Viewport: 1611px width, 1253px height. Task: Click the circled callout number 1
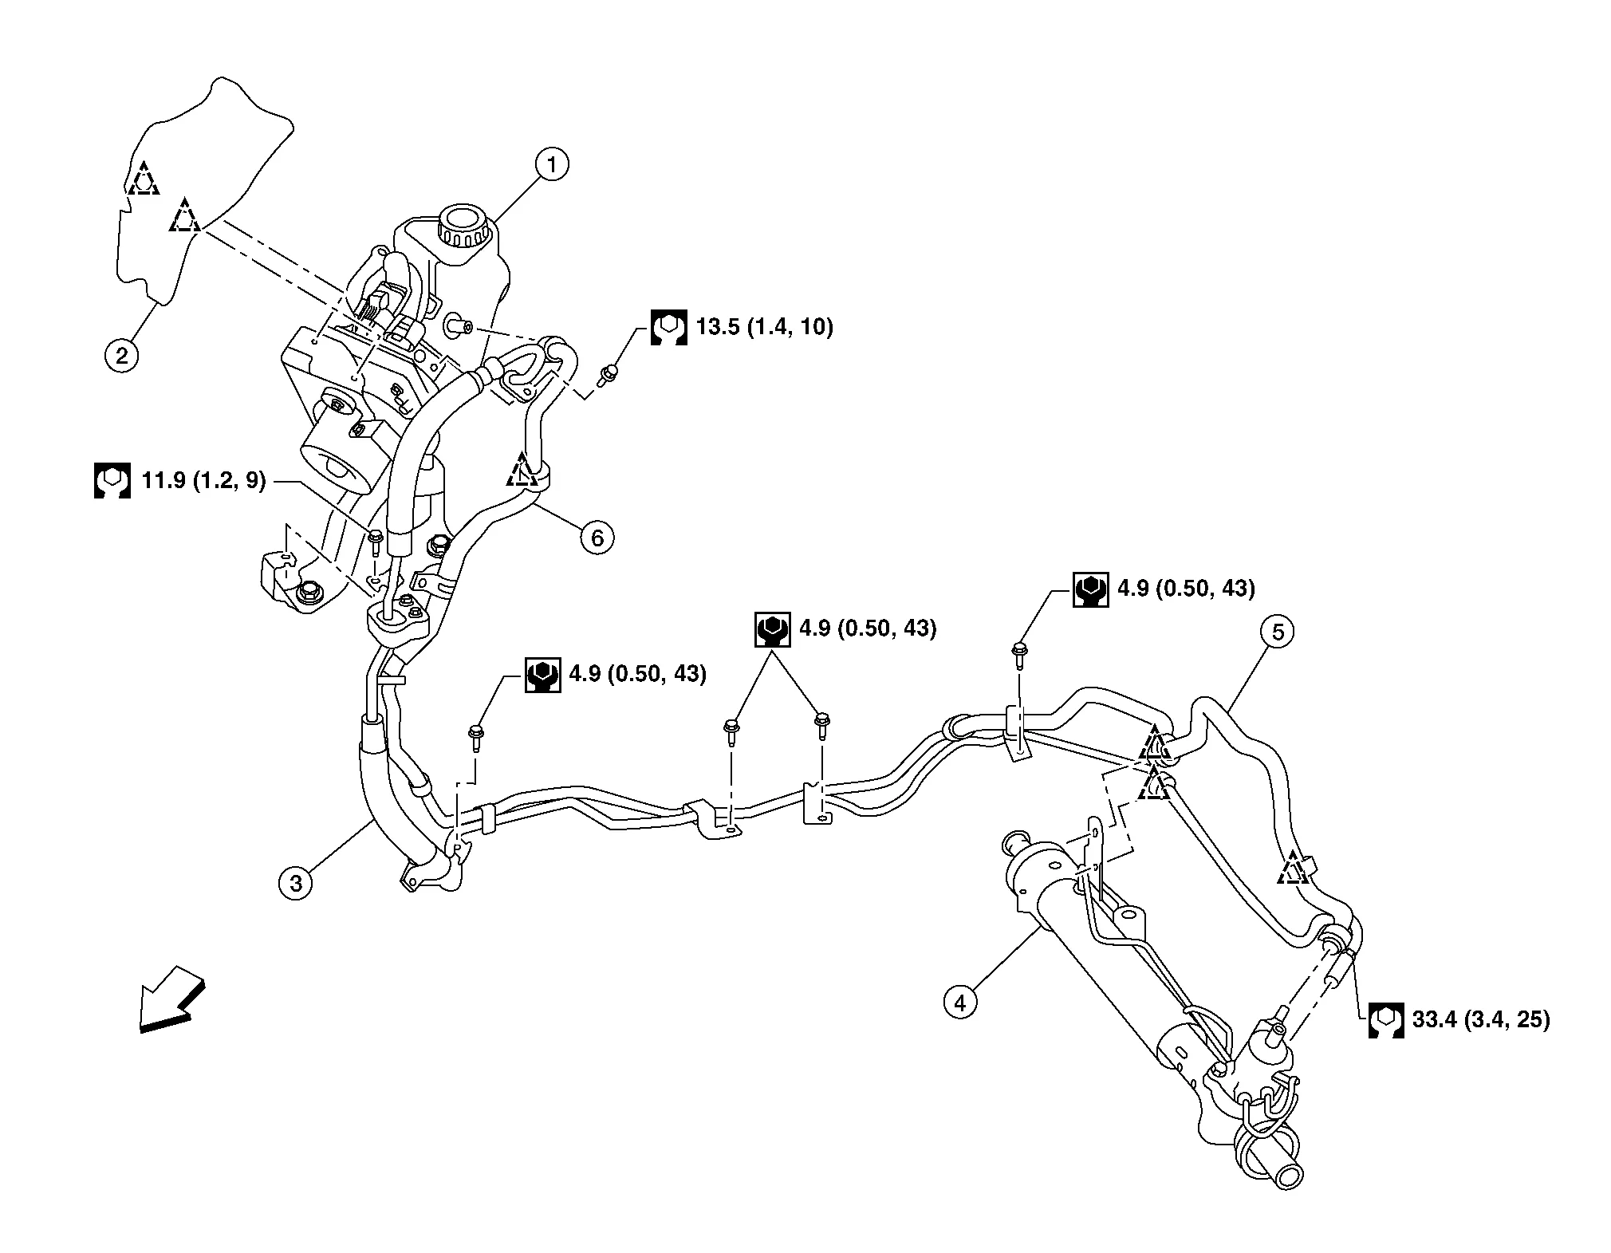[552, 165]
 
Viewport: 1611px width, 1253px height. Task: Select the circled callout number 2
[121, 354]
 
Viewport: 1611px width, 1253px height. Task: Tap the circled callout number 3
[297, 883]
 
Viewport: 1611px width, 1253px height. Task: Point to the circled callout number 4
[960, 1002]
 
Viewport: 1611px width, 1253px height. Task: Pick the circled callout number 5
[1278, 632]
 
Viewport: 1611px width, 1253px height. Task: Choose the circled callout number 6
[597, 538]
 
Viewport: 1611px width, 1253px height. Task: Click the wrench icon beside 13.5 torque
[668, 327]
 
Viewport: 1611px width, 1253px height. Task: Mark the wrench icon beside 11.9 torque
[112, 480]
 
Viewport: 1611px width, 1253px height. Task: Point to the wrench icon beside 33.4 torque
[1386, 1020]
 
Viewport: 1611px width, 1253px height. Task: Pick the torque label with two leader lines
[847, 629]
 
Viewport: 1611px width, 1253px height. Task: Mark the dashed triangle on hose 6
[522, 471]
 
